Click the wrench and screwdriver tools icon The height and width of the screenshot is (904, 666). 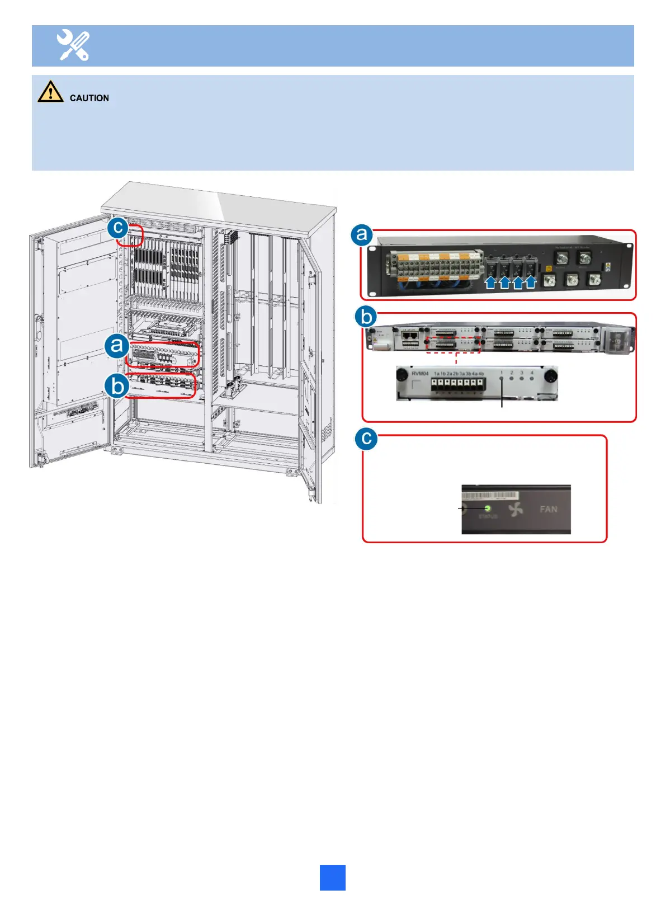point(73,45)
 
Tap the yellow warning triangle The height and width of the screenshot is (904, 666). point(50,91)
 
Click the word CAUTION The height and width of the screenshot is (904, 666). point(89,98)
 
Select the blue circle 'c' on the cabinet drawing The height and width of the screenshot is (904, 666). point(118,228)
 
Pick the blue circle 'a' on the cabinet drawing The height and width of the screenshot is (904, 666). point(117,345)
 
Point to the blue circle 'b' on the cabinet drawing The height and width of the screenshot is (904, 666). point(117,386)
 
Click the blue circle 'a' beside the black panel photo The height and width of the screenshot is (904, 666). point(362,234)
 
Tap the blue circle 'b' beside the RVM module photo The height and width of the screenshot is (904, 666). point(366,317)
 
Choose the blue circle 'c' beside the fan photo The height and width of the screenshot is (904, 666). point(366,439)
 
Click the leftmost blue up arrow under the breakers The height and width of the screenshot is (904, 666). point(490,281)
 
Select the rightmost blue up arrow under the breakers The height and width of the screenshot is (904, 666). point(530,281)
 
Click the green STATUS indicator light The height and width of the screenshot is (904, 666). point(488,508)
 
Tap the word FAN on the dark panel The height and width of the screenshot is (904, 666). point(548,509)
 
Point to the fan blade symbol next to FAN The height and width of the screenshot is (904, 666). point(516,509)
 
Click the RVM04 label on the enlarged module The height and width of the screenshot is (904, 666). point(419,373)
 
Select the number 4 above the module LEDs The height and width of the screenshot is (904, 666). point(532,373)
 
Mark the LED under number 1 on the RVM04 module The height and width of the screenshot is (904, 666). point(502,379)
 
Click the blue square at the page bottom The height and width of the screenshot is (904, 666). point(332,877)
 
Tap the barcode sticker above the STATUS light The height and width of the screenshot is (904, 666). point(491,496)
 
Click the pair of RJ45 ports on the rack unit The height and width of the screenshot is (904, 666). point(410,335)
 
